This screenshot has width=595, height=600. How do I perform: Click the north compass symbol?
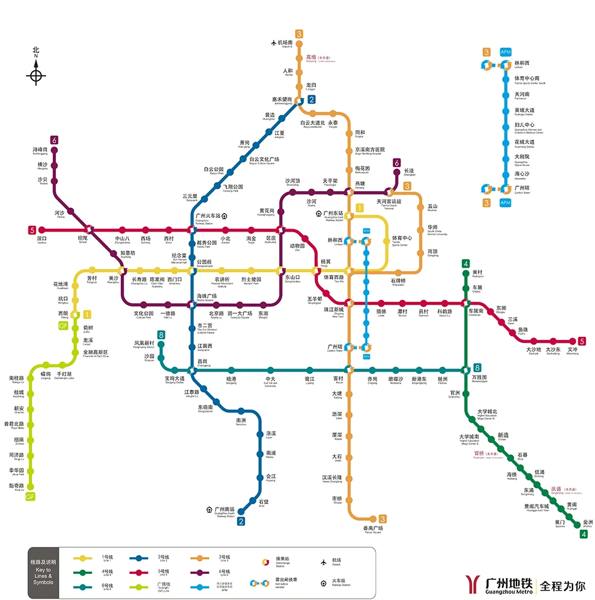[x=36, y=75]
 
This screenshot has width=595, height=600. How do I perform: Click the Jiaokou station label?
[x=41, y=240]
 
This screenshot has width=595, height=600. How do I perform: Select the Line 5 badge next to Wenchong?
[x=582, y=341]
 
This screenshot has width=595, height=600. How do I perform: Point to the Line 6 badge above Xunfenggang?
[x=54, y=140]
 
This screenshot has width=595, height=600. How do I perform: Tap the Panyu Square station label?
[x=373, y=530]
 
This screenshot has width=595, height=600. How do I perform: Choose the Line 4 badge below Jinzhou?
[x=584, y=534]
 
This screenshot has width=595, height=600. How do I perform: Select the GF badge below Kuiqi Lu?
[x=30, y=496]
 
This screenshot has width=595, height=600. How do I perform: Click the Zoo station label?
[x=297, y=247]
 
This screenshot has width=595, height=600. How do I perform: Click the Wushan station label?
[x=432, y=208]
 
